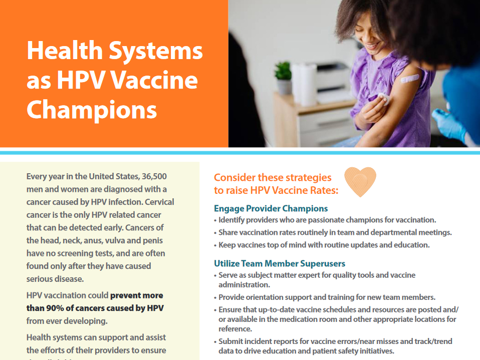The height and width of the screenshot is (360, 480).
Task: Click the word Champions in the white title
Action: tap(92, 110)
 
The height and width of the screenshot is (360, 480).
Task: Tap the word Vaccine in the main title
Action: tap(154, 80)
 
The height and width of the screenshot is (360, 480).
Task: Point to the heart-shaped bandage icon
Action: tap(360, 181)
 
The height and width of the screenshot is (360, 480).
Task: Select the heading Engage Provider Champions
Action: tap(271, 208)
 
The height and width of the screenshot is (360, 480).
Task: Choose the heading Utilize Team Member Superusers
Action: tap(280, 263)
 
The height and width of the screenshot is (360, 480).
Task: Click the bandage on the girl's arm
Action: tap(409, 79)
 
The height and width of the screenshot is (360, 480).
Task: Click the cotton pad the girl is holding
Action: tap(383, 99)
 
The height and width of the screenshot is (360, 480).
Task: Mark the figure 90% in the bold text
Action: tap(54, 308)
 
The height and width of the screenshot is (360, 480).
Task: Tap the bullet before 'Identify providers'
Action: tap(215, 220)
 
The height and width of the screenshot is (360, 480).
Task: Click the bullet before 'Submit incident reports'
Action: tap(215, 342)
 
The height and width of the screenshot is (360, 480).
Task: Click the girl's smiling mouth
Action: tap(371, 46)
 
